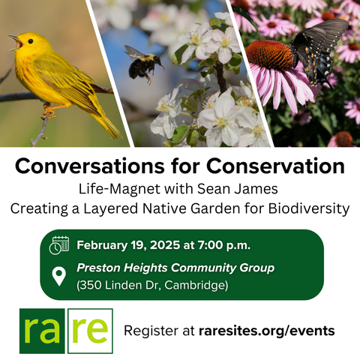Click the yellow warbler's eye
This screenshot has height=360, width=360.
31,41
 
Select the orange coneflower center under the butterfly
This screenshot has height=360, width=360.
270,55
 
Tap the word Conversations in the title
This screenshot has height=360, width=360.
90,166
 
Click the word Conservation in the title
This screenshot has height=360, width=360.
275,166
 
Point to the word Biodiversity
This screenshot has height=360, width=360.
309,208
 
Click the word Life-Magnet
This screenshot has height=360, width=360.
119,189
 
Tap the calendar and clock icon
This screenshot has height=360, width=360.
59,245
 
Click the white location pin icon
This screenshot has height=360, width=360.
59,276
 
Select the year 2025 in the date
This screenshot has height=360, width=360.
165,245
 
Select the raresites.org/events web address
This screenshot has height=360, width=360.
267,331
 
